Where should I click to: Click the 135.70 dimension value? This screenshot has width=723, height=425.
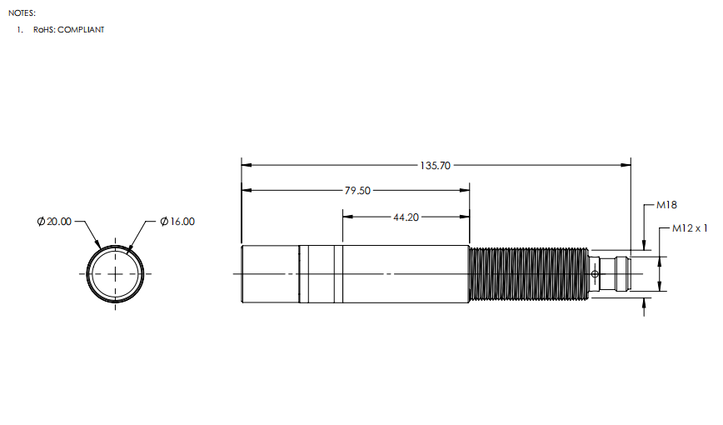tap(435, 165)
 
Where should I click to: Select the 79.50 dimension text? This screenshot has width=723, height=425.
tap(357, 190)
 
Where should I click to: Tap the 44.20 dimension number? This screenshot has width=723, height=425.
tap(406, 217)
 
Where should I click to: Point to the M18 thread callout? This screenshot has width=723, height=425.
tap(666, 205)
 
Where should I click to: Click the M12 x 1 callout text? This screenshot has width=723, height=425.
tap(690, 228)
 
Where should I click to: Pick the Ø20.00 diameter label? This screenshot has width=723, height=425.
tap(54, 222)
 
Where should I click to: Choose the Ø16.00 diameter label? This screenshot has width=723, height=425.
tap(177, 222)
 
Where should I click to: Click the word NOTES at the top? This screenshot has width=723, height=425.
tap(22, 13)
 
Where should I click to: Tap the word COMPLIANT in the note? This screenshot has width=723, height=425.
tap(81, 29)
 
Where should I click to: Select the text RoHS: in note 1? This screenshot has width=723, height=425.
tap(44, 29)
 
